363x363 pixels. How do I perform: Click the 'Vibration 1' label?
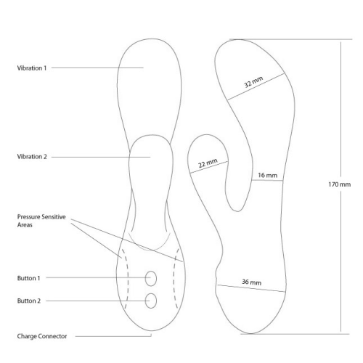click(x=32, y=68)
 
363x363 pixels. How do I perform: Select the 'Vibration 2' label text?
click(x=32, y=157)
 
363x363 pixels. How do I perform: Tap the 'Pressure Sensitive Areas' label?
click(x=41, y=221)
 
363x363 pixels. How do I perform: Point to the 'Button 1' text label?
click(x=28, y=278)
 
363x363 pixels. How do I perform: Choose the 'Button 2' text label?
click(x=29, y=301)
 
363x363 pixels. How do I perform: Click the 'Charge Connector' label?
click(x=42, y=336)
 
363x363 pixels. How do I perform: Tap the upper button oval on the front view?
click(x=151, y=279)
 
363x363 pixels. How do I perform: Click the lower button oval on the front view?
click(x=151, y=301)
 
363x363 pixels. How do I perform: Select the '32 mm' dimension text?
click(x=253, y=82)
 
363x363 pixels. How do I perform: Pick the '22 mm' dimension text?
click(x=208, y=163)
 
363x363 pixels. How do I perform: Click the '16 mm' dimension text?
click(x=267, y=175)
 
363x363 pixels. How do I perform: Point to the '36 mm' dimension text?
click(x=252, y=282)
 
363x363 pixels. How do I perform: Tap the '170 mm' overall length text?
click(x=339, y=184)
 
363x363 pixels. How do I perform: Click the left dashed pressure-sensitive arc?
click(x=127, y=278)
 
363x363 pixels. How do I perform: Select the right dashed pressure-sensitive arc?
click(x=174, y=278)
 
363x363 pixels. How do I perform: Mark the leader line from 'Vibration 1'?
click(x=97, y=68)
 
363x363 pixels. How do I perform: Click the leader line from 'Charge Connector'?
click(x=113, y=336)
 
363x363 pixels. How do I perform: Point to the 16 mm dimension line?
click(x=267, y=180)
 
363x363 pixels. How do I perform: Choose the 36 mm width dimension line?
click(x=251, y=288)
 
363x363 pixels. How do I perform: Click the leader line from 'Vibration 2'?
click(x=101, y=157)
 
